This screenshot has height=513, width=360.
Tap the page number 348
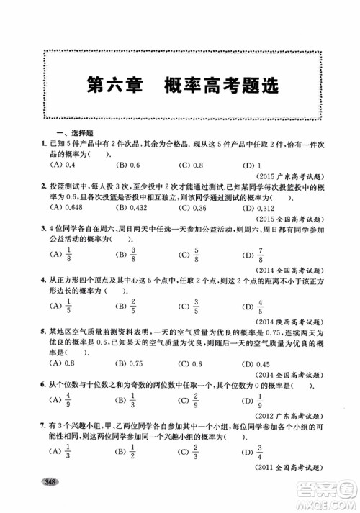[50, 501]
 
